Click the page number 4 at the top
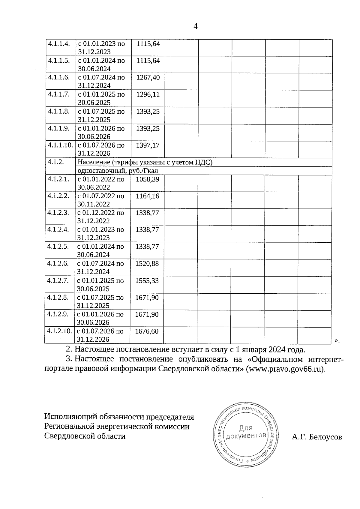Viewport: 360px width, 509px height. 196,27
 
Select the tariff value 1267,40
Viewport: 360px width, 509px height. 148,77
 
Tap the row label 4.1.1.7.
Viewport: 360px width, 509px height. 59,94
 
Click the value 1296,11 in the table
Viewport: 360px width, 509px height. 148,94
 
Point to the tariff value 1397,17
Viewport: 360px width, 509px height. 148,145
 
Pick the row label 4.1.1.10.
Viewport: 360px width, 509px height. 60,145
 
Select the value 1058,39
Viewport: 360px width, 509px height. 147,179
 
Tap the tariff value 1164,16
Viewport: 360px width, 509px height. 147,196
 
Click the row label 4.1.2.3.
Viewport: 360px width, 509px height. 58,213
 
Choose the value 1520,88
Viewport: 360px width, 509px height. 147,264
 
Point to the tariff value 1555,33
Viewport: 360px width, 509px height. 147,281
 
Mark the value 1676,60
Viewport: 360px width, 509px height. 147,331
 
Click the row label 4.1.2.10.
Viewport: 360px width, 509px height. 59,331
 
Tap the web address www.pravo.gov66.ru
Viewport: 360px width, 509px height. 286,369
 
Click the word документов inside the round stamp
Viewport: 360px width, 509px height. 246,436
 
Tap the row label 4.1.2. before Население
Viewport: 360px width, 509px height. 56,162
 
